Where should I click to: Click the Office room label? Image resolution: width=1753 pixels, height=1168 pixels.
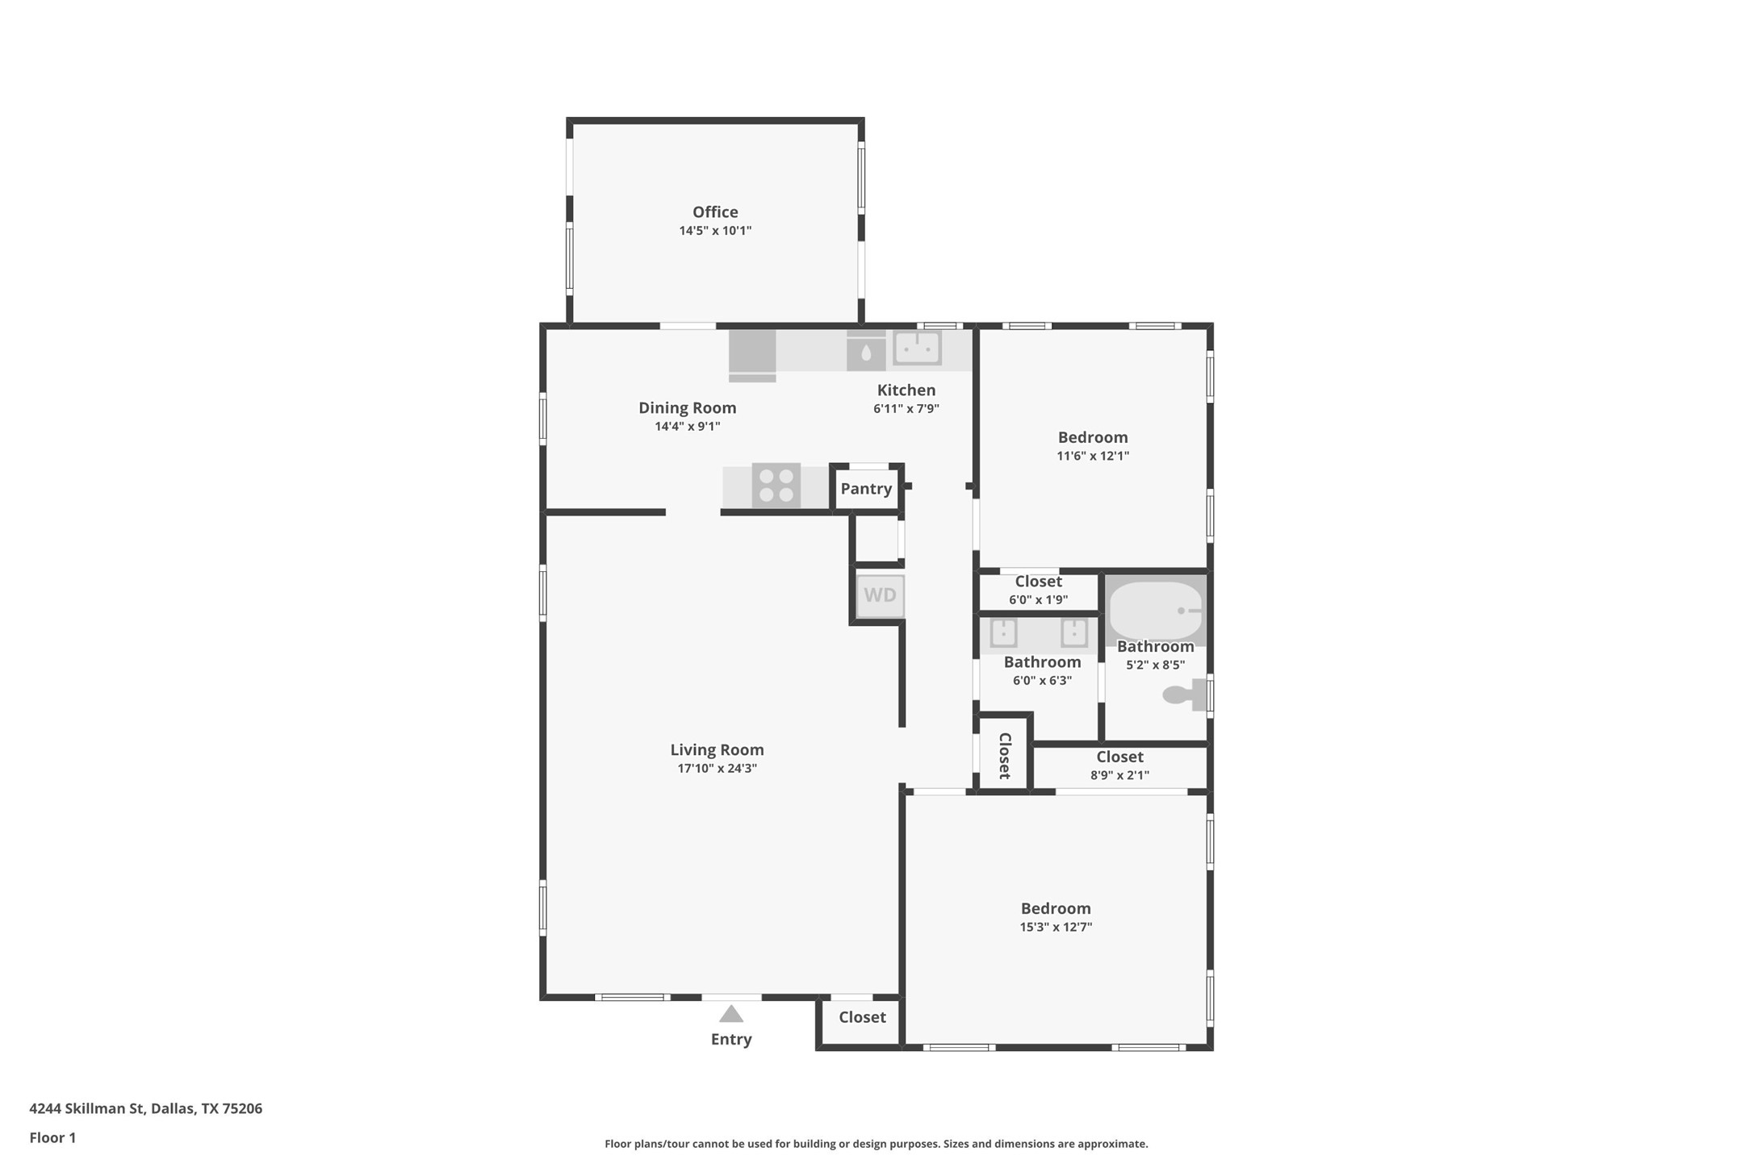coord(715,212)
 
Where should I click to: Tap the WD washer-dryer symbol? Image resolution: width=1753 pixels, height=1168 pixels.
coord(880,595)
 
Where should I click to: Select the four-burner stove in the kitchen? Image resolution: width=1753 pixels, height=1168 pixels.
coord(776,486)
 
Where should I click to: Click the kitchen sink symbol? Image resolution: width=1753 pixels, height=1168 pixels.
coord(917,348)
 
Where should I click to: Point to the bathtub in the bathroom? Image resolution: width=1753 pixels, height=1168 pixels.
coord(1156,611)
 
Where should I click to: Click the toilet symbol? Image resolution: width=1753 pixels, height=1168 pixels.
coord(1184,695)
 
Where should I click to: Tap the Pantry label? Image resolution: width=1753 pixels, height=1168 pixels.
coord(866,489)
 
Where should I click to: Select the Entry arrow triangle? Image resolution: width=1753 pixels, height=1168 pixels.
coord(731,1014)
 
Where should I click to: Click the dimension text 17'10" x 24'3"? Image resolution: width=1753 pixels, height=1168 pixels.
coord(717,769)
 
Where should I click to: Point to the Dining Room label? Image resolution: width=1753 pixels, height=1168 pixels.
coord(688,408)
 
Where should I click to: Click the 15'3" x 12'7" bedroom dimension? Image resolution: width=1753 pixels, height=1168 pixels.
coord(1056,928)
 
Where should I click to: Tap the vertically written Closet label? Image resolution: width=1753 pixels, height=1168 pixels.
coord(1005,756)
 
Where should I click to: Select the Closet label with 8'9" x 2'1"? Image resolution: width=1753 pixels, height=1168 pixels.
coord(1119,757)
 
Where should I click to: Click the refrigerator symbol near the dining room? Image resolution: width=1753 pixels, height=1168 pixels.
coord(752,355)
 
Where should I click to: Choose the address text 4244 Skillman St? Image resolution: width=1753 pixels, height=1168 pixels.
coord(88,1108)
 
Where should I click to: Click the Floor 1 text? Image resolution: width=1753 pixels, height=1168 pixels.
coord(52,1138)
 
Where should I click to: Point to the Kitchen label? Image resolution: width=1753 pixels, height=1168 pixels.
coord(906,390)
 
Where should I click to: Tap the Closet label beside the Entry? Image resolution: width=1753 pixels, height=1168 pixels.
coord(862,1017)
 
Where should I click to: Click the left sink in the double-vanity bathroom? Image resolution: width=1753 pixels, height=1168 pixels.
coord(1003,632)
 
